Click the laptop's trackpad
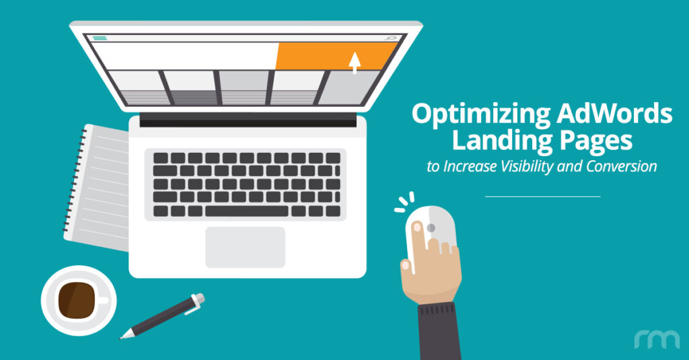point(245,247)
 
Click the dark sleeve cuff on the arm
point(441,330)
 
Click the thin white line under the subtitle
point(542,196)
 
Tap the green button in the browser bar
point(100,38)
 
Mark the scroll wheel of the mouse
point(431,228)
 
